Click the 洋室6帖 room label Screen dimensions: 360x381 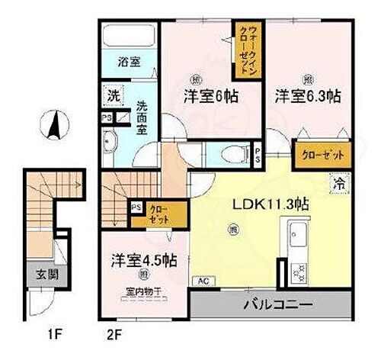pyautogui.click(x=209, y=97)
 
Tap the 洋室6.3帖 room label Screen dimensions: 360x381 pyautogui.click(x=308, y=98)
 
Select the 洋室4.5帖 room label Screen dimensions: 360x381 pyautogui.click(x=141, y=260)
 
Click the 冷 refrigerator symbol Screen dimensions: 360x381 pyautogui.click(x=338, y=184)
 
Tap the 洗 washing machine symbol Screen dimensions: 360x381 pyautogui.click(x=112, y=98)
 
